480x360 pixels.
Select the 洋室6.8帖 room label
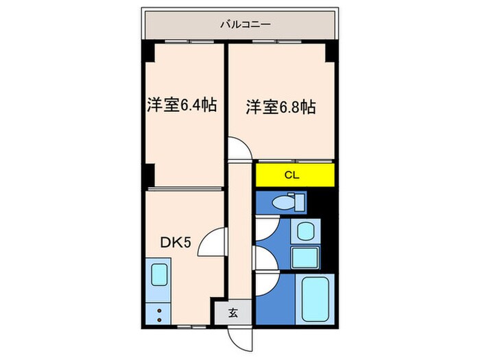point(280,107)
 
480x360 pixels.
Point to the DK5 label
point(175,242)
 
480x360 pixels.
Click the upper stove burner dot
point(159,311)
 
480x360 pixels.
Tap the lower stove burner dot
point(159,319)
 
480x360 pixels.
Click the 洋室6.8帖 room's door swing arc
point(239,149)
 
